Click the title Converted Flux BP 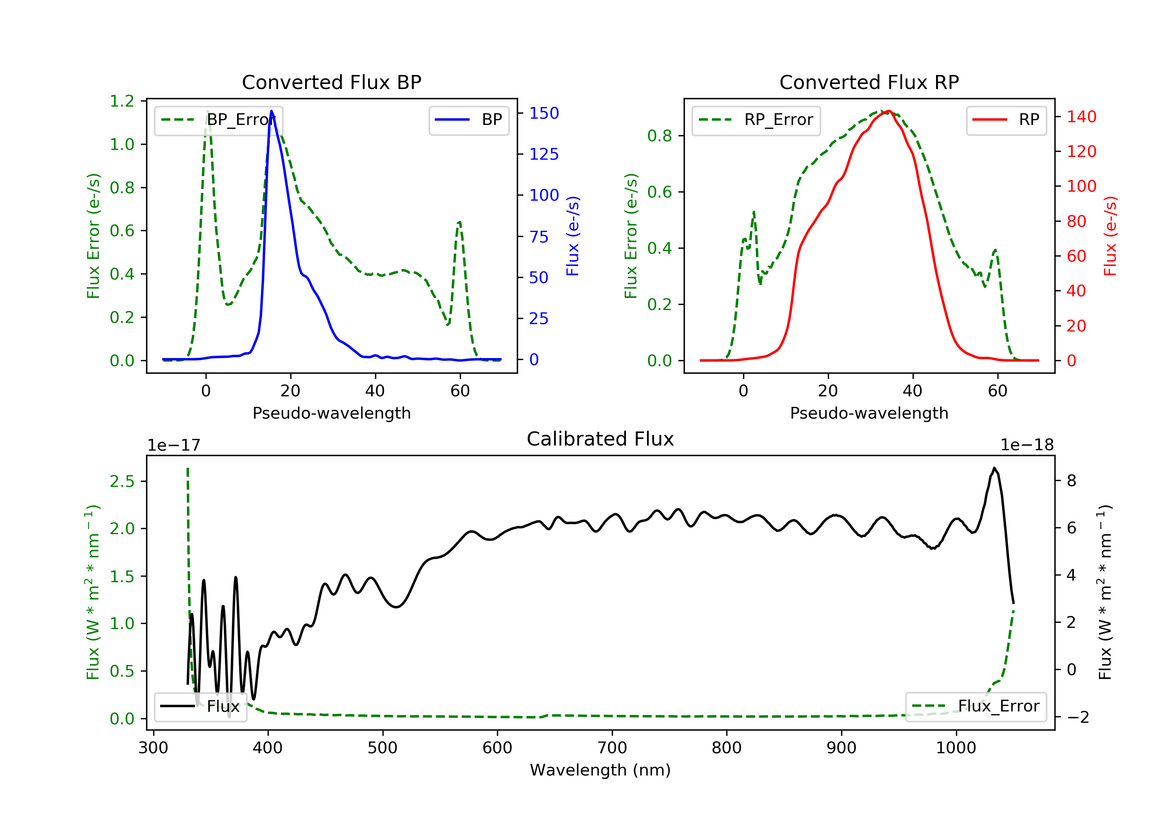[331, 82]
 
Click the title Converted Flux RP [869, 82]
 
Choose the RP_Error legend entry [756, 120]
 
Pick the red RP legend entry [1006, 120]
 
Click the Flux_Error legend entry [975, 706]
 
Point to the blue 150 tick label [544, 113]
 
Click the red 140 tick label [1082, 117]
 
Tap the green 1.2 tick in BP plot [122, 101]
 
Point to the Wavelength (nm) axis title [600, 770]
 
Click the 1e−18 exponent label [1027, 445]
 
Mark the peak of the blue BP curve [272, 111]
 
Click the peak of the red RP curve [889, 111]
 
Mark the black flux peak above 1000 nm [994, 468]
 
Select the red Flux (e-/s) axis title [1110, 236]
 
